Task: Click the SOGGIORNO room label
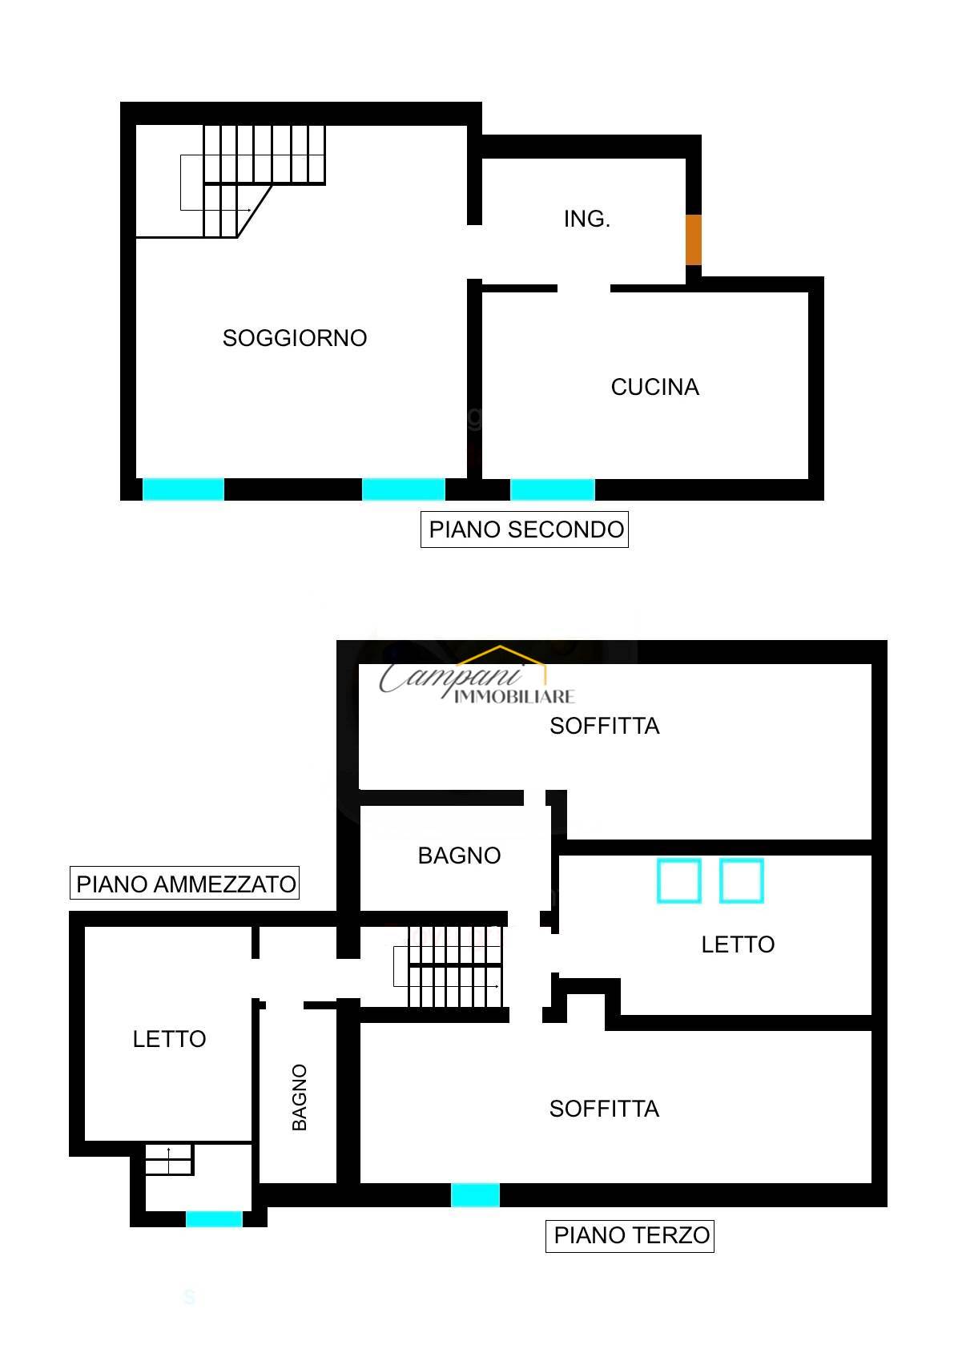[295, 338]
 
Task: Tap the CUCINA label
[654, 387]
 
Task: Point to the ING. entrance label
[586, 219]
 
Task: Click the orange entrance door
[694, 240]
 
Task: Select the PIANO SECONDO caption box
[524, 530]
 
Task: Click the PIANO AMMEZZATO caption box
[184, 883]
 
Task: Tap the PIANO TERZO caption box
[630, 1235]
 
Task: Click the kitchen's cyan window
[552, 489]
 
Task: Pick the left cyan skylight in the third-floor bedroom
[678, 880]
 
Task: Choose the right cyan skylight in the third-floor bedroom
[742, 880]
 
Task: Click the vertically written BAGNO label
[300, 1098]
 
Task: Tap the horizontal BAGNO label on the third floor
[459, 856]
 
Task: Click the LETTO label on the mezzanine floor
[169, 1039]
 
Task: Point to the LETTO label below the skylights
[738, 944]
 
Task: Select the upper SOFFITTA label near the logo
[604, 726]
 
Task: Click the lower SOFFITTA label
[604, 1109]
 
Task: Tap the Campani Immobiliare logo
[477, 676]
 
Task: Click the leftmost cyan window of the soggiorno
[183, 489]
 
